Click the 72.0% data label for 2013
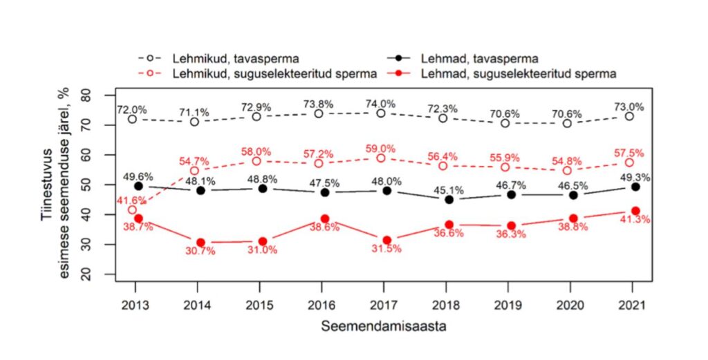(x=132, y=110)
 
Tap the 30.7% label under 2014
(x=201, y=252)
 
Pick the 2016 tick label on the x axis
(x=322, y=305)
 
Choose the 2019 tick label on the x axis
(x=507, y=305)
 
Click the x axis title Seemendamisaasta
(x=383, y=327)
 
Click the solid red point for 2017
(x=386, y=240)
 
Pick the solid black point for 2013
(x=138, y=186)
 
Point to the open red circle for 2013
(x=133, y=210)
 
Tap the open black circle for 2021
(x=629, y=116)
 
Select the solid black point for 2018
(x=449, y=200)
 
